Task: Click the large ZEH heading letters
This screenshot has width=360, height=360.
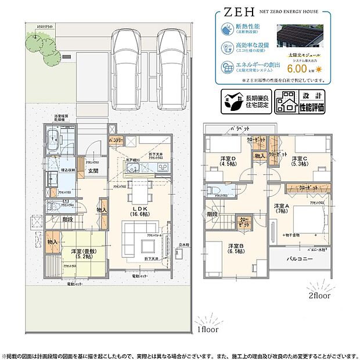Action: click(237, 11)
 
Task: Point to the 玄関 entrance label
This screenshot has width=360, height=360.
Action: click(93, 170)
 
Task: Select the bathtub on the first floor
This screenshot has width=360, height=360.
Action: click(52, 140)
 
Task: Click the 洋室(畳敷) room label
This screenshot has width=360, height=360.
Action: click(84, 253)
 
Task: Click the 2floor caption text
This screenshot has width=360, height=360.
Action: click(319, 295)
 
